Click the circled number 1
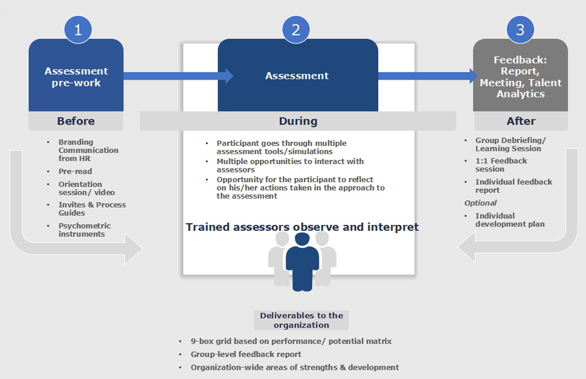pyautogui.click(x=78, y=29)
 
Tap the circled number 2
pyautogui.click(x=296, y=29)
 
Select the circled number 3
pyautogui.click(x=520, y=29)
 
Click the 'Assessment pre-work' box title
pyautogui.click(x=76, y=76)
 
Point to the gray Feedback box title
pyautogui.click(x=520, y=76)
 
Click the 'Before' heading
pyautogui.click(x=76, y=121)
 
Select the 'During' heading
pyautogui.click(x=298, y=121)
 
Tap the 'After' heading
pyautogui.click(x=521, y=121)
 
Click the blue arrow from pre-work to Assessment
pyautogui.click(x=178, y=76)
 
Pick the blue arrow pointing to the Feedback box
pyautogui.click(x=427, y=76)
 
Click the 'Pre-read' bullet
pyautogui.click(x=75, y=171)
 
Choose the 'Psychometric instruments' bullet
pyautogui.click(x=84, y=230)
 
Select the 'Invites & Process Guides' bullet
pyautogui.click(x=92, y=209)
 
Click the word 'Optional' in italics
pyautogui.click(x=481, y=203)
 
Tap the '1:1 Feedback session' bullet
pyautogui.click(x=501, y=165)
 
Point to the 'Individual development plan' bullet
pyautogui.click(x=510, y=220)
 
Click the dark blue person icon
pyautogui.click(x=302, y=262)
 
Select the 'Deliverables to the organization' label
pyautogui.click(x=301, y=320)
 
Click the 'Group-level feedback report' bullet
pyautogui.click(x=246, y=354)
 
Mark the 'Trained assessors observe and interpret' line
pyautogui.click(x=302, y=227)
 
